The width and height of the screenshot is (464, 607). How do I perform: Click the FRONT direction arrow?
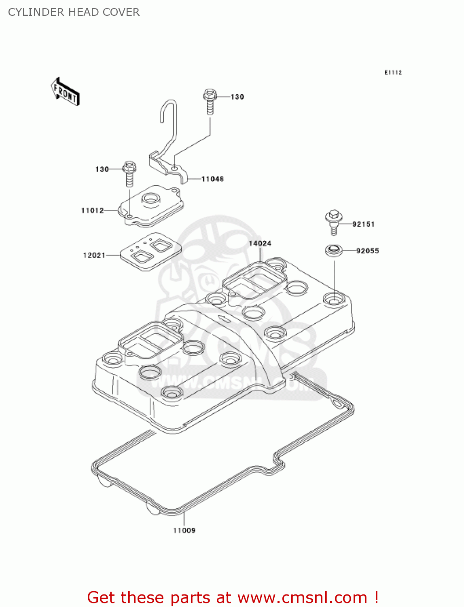coord(65,92)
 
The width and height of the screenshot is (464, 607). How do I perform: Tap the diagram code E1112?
coord(393,72)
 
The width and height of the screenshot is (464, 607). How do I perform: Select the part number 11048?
coord(212,179)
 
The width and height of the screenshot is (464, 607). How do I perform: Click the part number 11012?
coord(93,210)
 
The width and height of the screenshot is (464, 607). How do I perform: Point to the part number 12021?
coord(94,255)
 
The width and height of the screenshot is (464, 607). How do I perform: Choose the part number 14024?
coord(260,243)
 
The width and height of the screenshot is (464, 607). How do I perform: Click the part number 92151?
coord(363,224)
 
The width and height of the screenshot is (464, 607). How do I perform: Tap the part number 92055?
coord(367,251)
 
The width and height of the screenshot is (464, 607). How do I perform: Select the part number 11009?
coord(184,531)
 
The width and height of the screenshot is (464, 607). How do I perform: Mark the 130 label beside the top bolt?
coord(237,97)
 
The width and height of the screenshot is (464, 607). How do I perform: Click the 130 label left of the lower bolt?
coord(102,169)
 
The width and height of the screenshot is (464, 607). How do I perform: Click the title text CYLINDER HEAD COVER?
coord(74,12)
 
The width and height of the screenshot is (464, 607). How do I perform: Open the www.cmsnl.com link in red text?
coord(302,597)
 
